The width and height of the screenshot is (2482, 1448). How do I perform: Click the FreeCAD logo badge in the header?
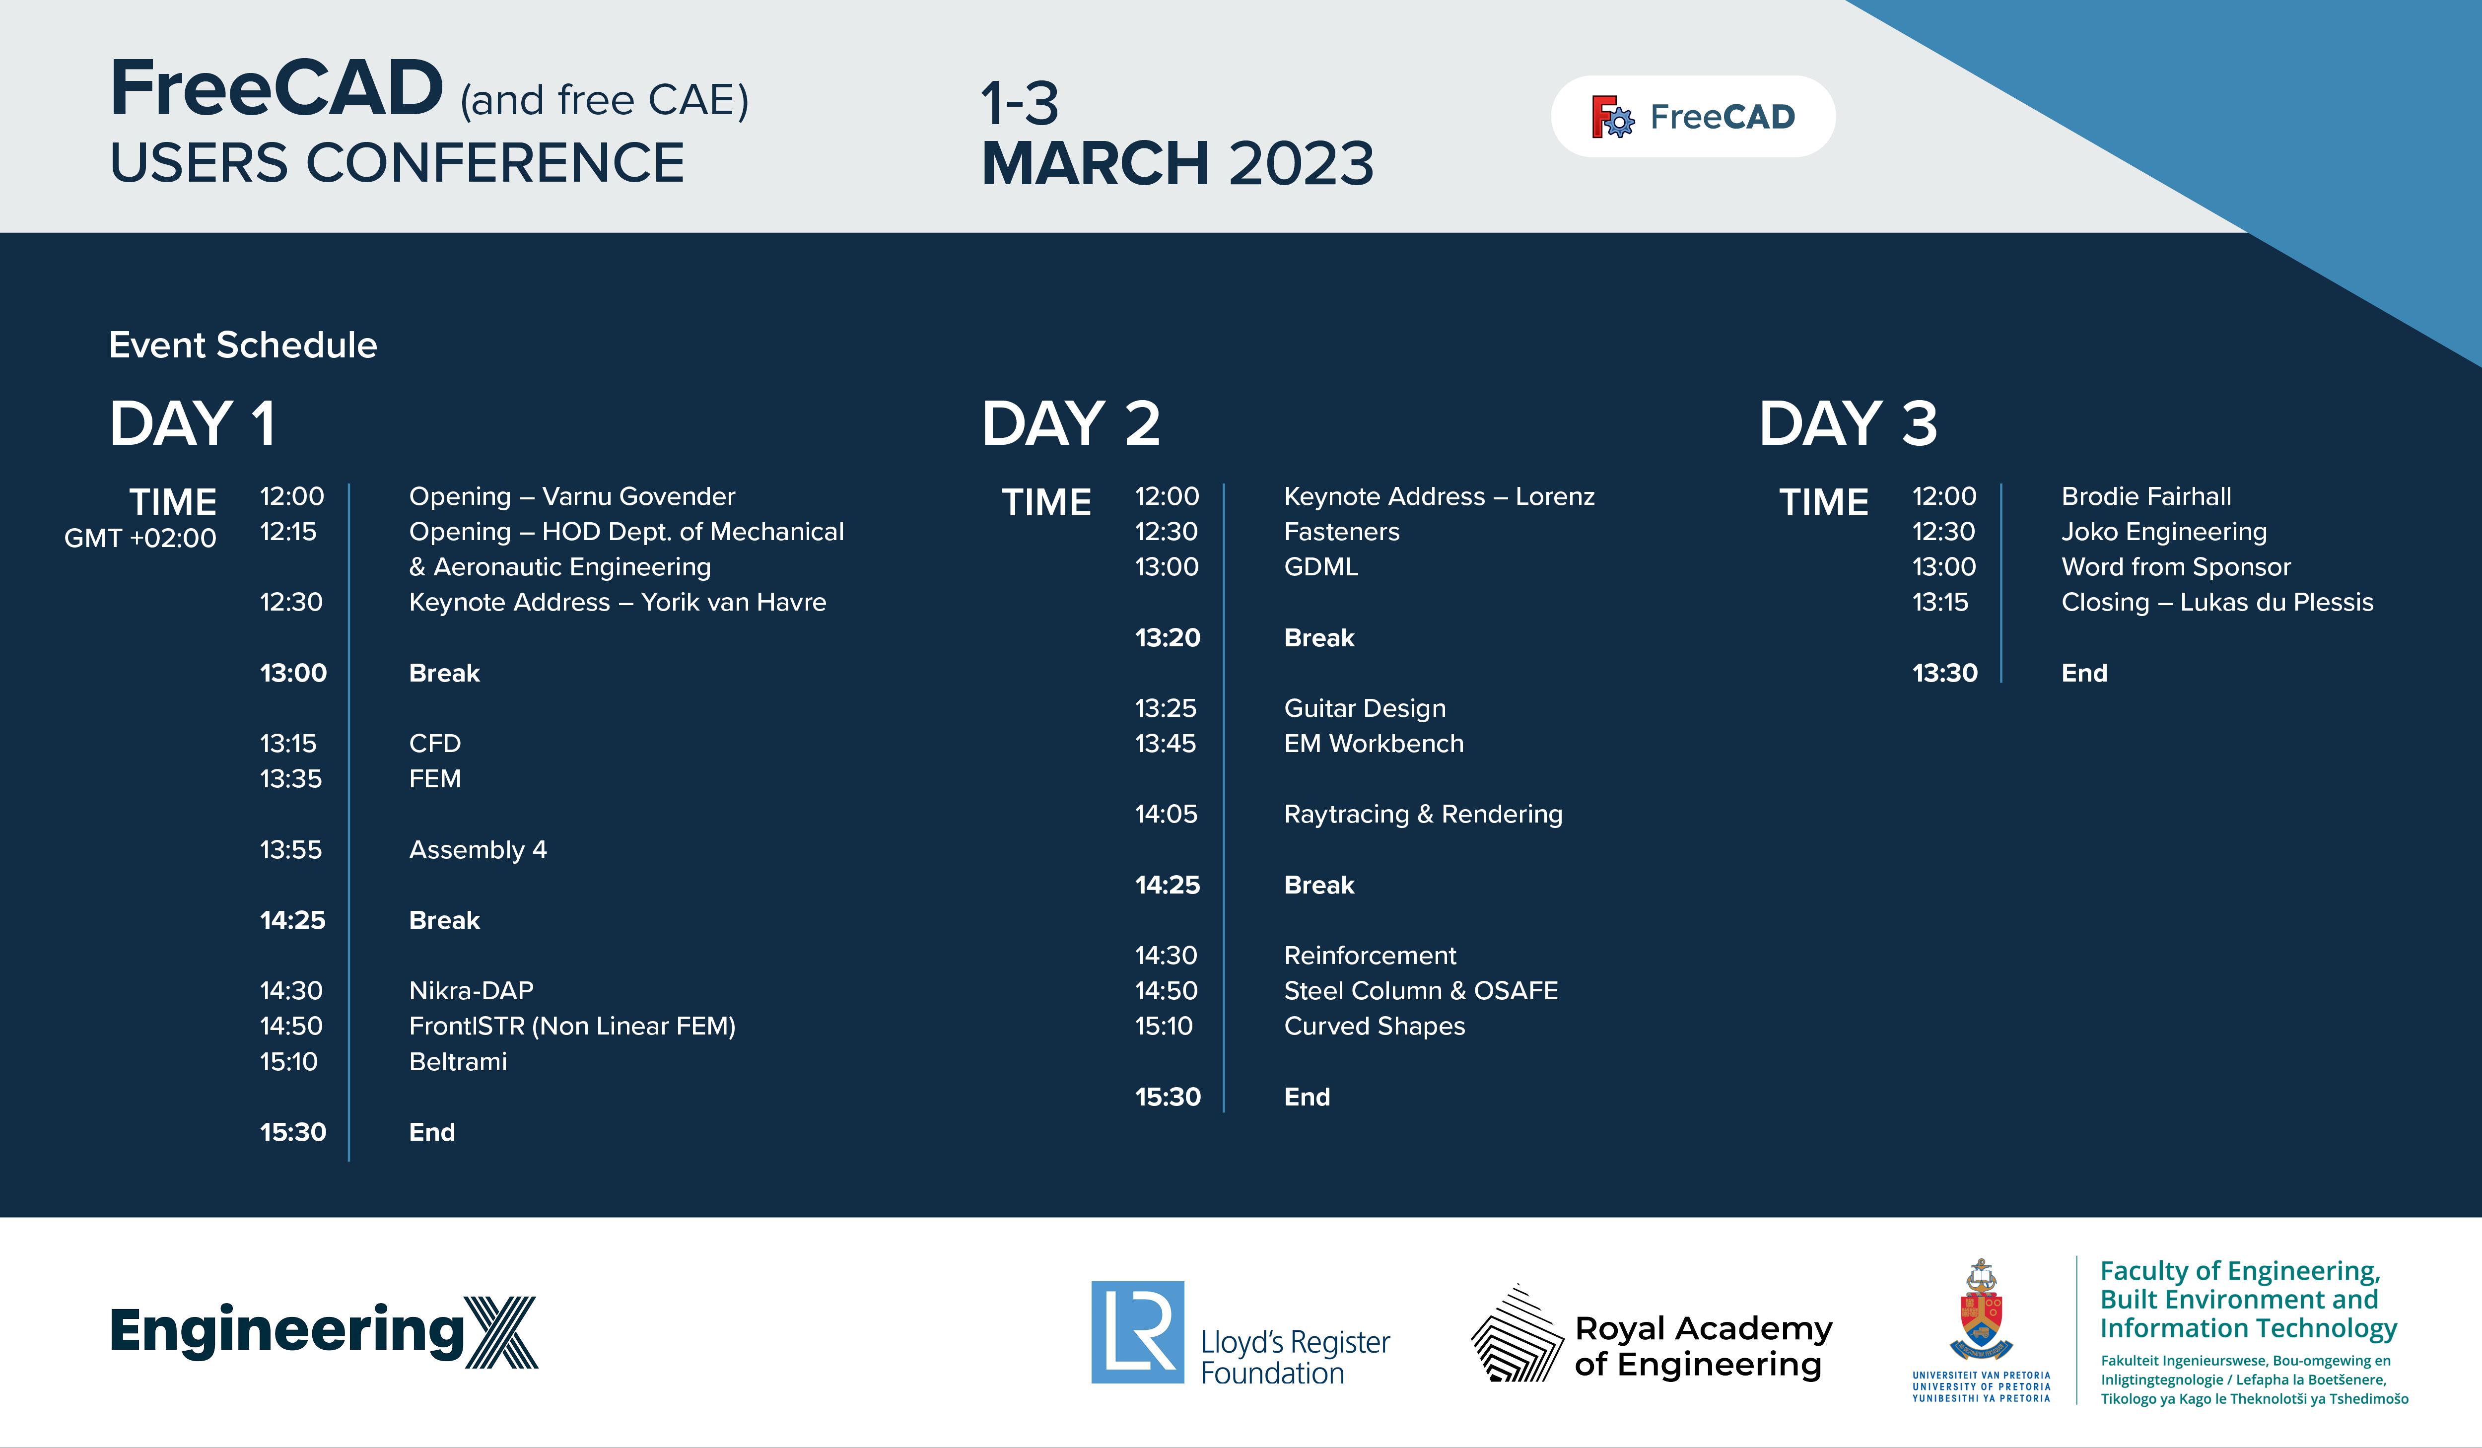point(1693,116)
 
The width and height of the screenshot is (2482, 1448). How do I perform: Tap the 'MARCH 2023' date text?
point(1178,163)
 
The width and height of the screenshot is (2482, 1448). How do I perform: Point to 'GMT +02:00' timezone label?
point(140,538)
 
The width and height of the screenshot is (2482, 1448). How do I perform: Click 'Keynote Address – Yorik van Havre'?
point(618,602)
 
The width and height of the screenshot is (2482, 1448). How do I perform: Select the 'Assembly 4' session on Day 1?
point(478,850)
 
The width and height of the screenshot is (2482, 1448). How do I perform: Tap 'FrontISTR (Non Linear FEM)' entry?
point(572,1027)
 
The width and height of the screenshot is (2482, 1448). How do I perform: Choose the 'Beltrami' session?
point(458,1062)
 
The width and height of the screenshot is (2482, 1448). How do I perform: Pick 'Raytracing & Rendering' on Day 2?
point(1423,815)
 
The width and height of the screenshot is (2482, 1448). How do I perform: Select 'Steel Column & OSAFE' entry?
point(1421,991)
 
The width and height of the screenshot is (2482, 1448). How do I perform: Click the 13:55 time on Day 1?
point(290,850)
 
